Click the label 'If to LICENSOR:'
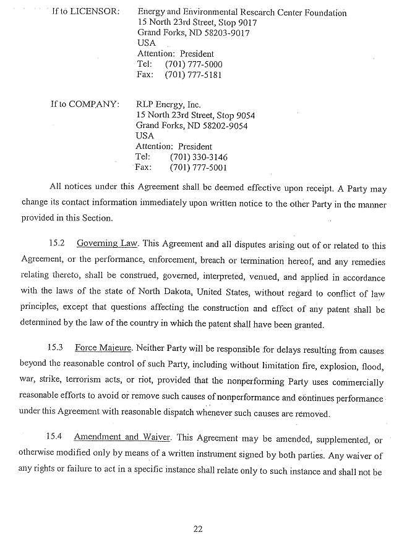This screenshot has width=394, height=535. click(86, 13)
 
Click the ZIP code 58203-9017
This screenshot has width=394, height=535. click(228, 33)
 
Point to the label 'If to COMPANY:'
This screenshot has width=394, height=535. click(84, 104)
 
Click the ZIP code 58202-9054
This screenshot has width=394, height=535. click(226, 125)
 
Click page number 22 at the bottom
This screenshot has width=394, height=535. click(198, 528)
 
